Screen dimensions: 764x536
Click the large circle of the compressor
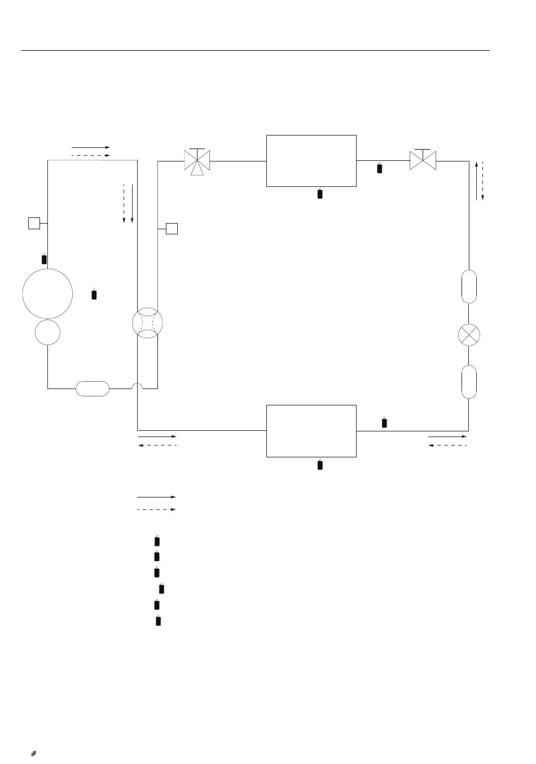47,294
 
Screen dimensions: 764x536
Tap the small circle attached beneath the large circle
47,332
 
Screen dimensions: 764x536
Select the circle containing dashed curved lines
147,322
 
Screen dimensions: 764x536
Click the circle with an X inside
469,335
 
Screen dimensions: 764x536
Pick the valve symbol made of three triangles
197,161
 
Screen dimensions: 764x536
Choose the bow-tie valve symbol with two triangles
423,161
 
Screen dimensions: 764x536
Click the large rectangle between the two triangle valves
311,160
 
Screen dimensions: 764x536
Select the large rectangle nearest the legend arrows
311,431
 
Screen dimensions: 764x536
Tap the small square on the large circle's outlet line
34,223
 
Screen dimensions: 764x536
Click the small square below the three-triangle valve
172,228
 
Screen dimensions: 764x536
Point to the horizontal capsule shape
93,388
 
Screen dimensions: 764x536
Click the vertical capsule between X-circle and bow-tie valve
469,287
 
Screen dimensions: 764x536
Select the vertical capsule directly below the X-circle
469,382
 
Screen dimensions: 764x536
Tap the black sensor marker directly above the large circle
45,259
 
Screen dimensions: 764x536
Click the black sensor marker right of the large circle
94,294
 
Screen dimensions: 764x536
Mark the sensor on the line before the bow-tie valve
380,168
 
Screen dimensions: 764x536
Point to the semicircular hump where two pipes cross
138,386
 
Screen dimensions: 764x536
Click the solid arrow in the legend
156,497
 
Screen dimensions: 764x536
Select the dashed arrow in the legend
156,509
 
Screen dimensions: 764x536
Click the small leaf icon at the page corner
34,753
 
